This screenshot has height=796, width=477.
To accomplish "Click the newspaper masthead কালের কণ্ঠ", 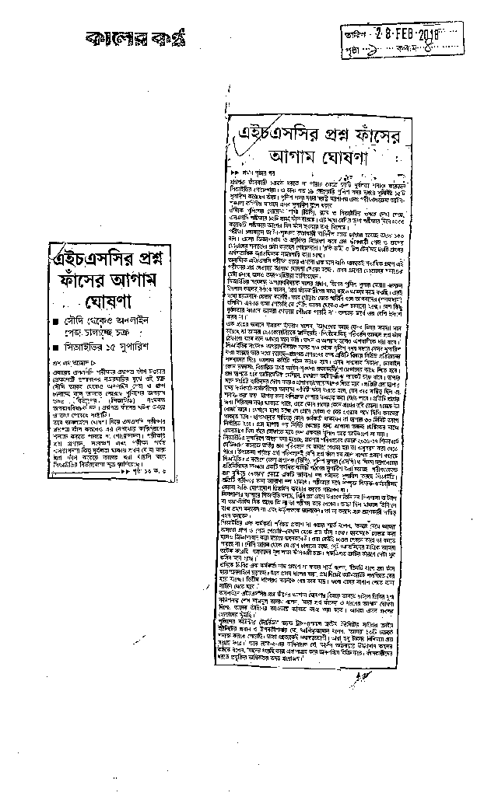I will pyautogui.click(x=132, y=37).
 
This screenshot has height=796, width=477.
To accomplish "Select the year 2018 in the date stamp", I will pyautogui.click(x=428, y=34).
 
